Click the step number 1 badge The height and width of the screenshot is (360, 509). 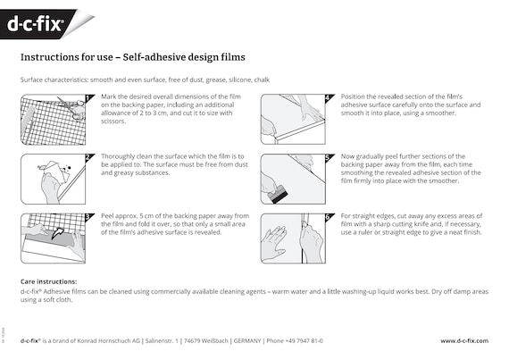point(88,97)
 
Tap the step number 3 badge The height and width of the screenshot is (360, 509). point(88,217)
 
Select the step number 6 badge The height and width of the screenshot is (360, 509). point(329,217)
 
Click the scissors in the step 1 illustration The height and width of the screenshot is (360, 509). point(71,108)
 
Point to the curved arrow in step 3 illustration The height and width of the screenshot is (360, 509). point(57,233)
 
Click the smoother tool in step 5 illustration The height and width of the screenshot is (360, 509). point(277,194)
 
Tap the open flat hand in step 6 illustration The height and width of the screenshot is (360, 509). point(275,243)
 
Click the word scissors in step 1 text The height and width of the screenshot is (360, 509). point(113,121)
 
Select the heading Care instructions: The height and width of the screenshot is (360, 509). point(49,281)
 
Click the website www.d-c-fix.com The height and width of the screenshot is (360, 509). point(464,341)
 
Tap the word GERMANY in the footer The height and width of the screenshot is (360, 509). point(247,341)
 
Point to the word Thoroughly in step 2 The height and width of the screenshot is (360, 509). point(118,156)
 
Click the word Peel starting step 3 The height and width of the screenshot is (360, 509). point(107,216)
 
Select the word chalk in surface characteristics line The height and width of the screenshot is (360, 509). point(262,80)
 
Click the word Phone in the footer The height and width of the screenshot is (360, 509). point(275,341)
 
